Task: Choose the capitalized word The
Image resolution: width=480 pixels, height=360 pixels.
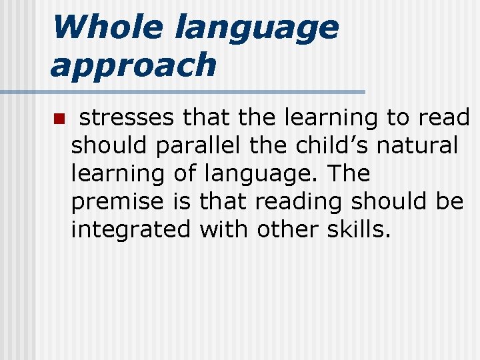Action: point(349,173)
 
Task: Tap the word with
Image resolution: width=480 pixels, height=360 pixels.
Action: point(221,229)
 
